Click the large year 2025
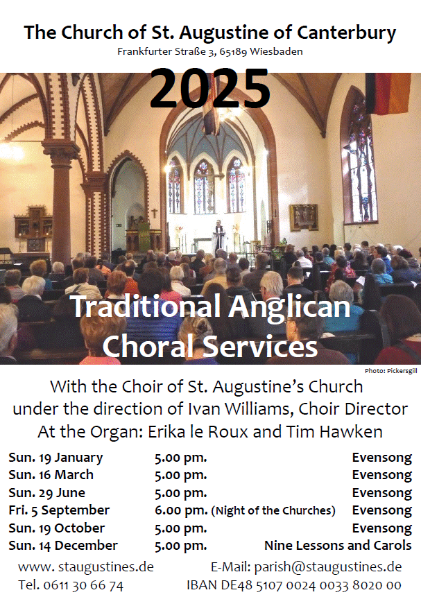[x=210, y=89]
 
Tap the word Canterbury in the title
[x=346, y=33]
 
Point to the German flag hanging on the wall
[x=388, y=94]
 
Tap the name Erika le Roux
[x=198, y=432]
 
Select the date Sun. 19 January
[x=55, y=458]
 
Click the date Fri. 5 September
[x=59, y=510]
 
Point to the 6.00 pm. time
[x=181, y=510]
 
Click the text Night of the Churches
[x=273, y=510]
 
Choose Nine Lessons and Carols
[x=338, y=545]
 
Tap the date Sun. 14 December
[x=63, y=545]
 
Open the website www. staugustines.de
[x=86, y=567]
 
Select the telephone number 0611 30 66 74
[x=83, y=585]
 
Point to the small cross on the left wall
[x=154, y=213]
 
